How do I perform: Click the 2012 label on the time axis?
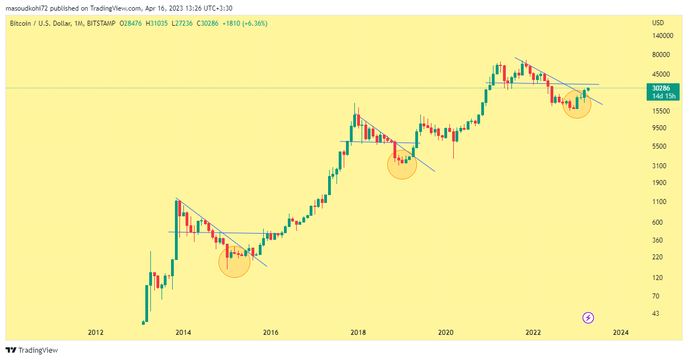coord(96,332)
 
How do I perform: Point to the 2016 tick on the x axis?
coord(271,332)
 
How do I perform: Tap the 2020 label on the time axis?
coord(445,332)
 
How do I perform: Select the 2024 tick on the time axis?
coord(620,332)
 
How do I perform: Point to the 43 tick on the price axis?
coord(656,314)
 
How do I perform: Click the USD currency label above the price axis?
coord(658,23)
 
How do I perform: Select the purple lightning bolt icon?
coord(588,318)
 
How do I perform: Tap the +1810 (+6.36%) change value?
coord(245,23)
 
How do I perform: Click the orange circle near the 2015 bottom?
coord(234,262)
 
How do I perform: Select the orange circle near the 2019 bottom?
coord(402,164)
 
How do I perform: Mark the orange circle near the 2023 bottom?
coord(577,104)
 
